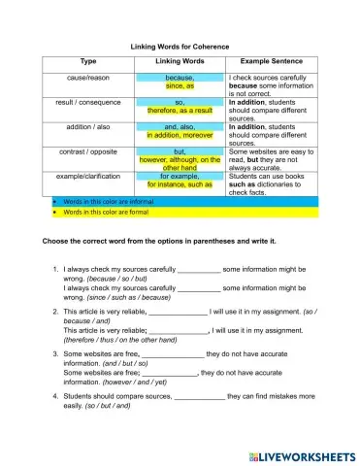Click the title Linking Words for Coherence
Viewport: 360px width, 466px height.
coord(180,47)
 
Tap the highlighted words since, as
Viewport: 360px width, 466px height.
coord(180,86)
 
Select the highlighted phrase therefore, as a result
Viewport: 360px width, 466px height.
coord(180,111)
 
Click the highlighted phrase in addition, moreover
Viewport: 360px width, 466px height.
coord(180,136)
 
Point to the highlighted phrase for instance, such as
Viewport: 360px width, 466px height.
coord(180,184)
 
